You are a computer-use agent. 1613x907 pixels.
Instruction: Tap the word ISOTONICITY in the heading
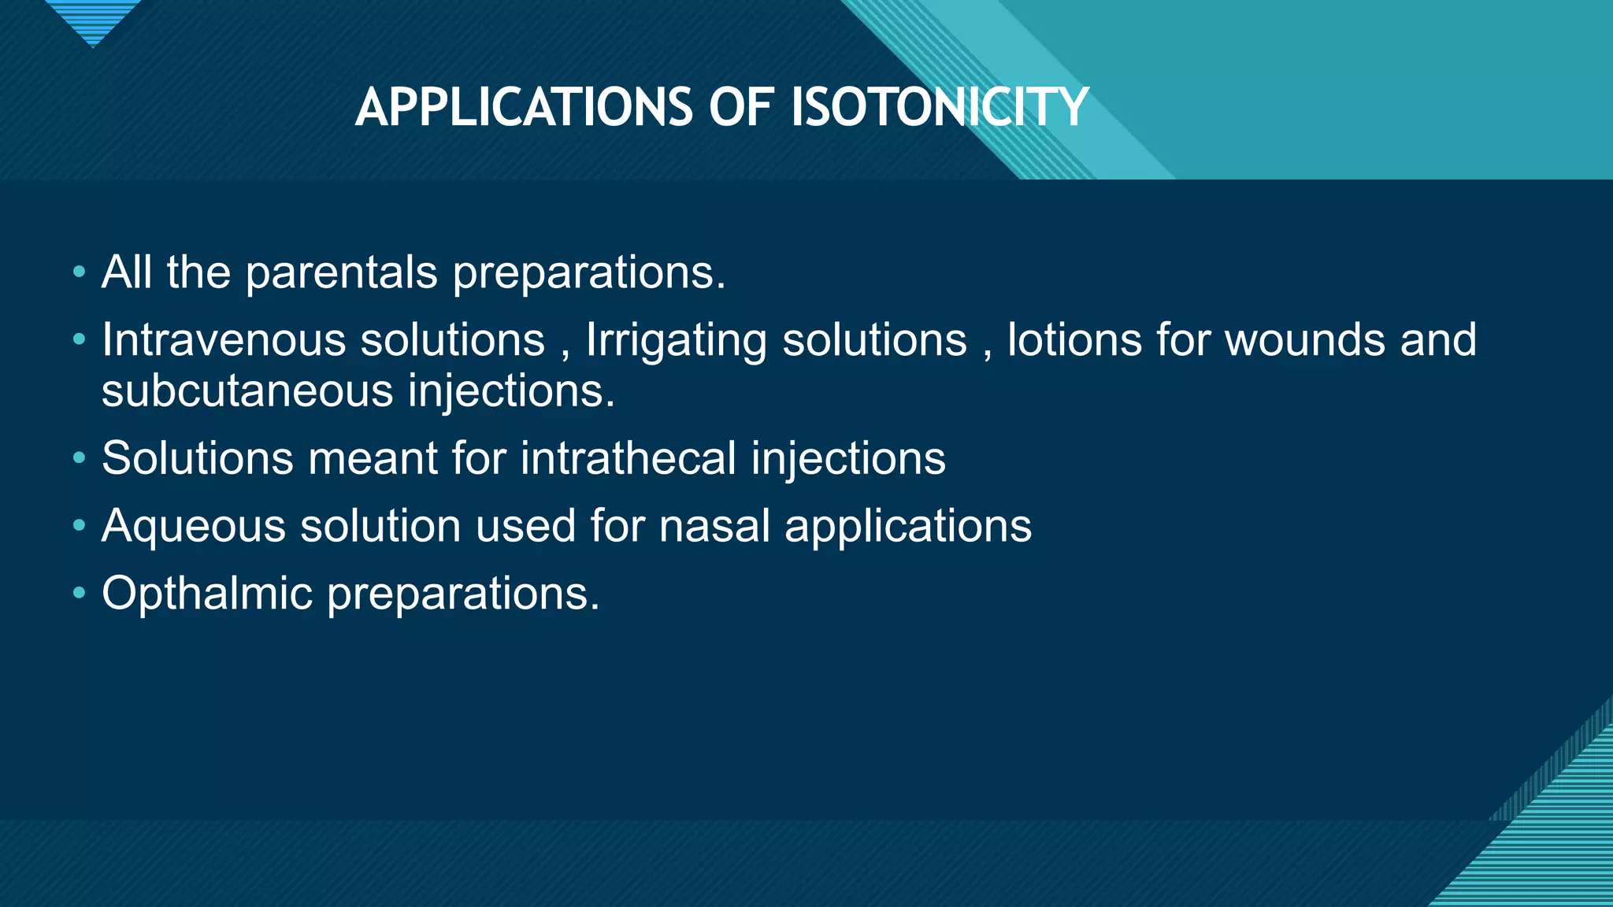(x=939, y=107)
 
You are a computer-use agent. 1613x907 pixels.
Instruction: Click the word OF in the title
(x=740, y=107)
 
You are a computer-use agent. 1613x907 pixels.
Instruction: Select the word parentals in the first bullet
(x=341, y=272)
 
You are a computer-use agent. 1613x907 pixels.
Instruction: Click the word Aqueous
(x=194, y=527)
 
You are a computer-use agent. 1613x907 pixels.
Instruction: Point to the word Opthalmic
(x=207, y=593)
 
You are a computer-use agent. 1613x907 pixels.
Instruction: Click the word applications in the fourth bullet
(x=907, y=527)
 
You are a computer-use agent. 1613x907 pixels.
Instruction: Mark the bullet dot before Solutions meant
(x=79, y=458)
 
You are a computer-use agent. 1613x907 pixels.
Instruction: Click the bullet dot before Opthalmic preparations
(x=79, y=593)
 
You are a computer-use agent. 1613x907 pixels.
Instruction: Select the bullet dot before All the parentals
(x=79, y=272)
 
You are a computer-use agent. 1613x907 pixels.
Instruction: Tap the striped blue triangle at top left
(x=93, y=20)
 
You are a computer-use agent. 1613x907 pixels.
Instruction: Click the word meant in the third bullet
(x=372, y=458)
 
